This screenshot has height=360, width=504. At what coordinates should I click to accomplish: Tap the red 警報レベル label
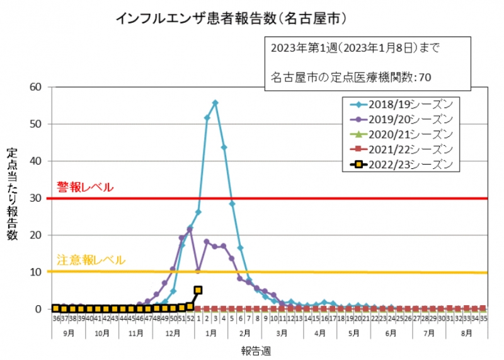point(86,187)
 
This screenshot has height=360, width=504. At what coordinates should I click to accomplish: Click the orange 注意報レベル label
point(91,260)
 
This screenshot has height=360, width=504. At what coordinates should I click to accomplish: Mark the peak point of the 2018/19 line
point(215,102)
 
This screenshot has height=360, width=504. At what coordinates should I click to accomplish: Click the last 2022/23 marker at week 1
point(198,290)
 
